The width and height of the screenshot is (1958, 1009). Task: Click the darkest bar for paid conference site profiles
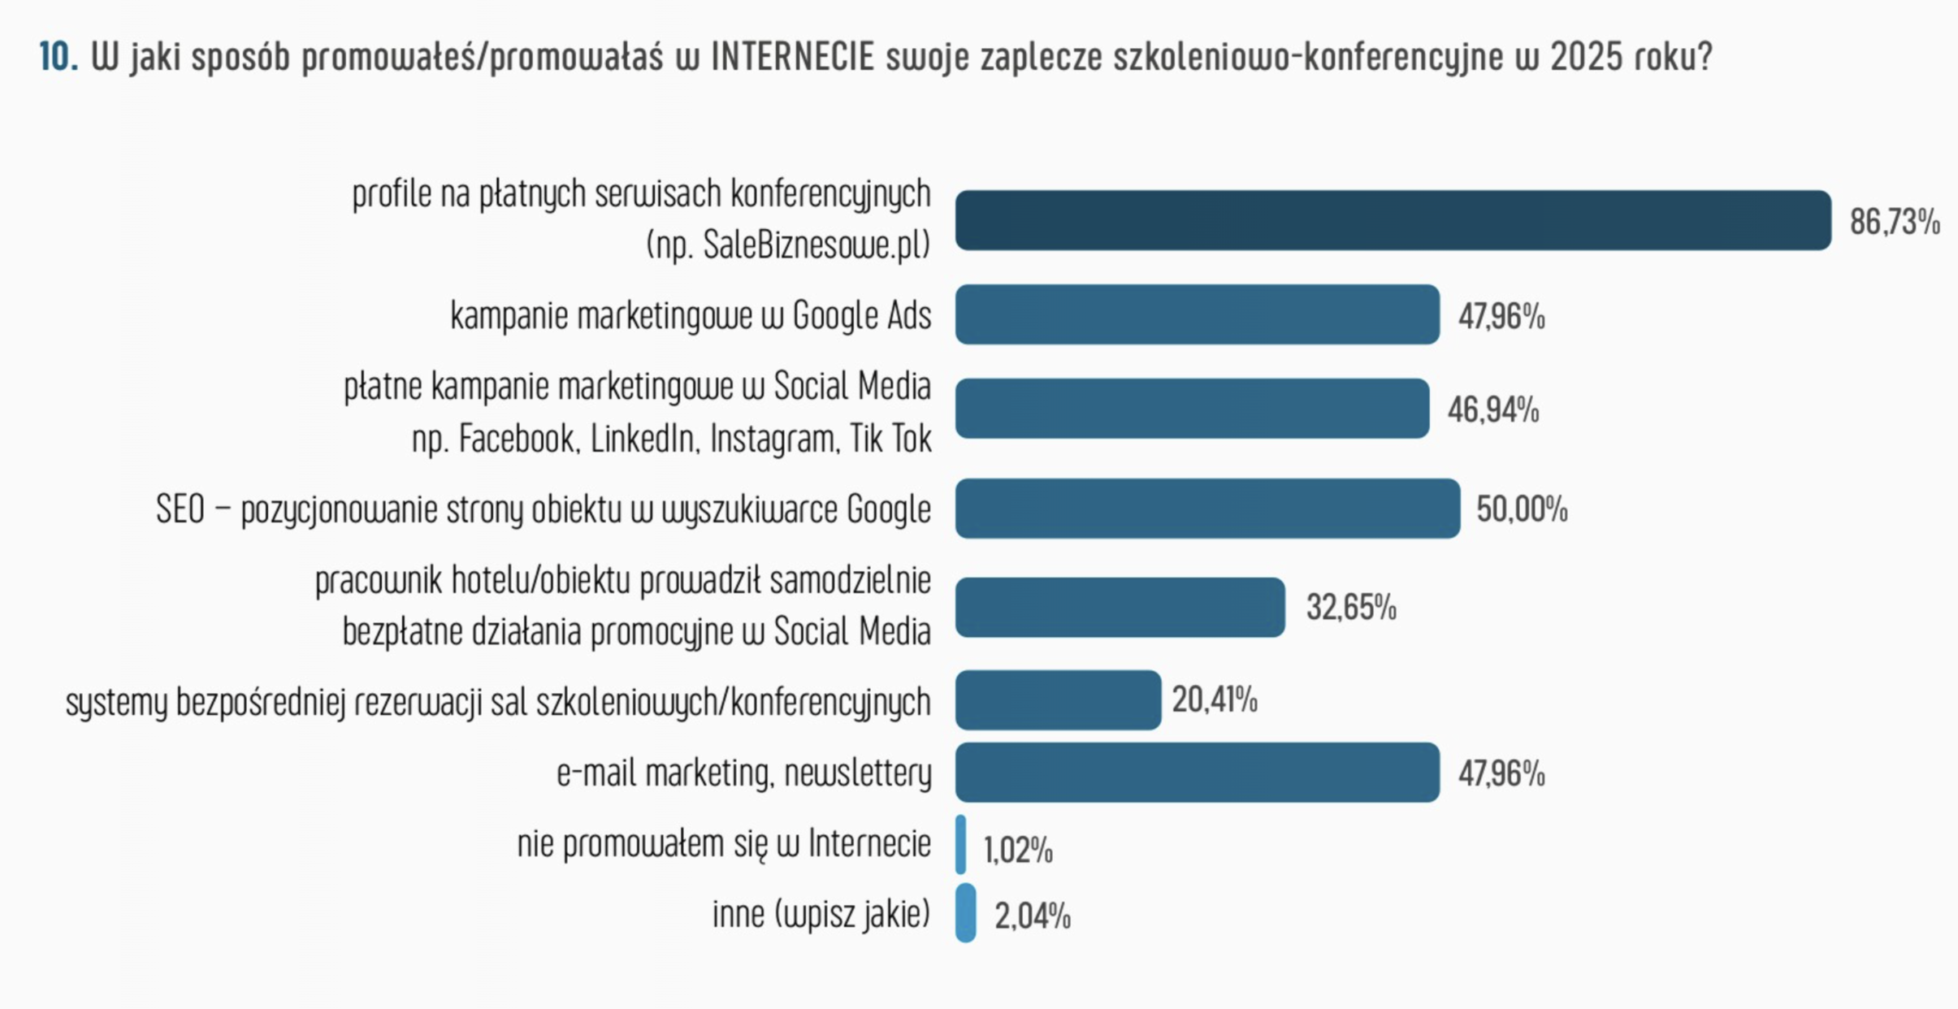(1393, 220)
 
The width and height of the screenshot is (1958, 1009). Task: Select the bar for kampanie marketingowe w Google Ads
(1197, 314)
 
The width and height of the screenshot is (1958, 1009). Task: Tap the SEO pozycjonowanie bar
(1207, 509)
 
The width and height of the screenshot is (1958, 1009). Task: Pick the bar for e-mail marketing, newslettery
(1197, 772)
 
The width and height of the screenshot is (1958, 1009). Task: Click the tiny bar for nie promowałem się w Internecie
(961, 845)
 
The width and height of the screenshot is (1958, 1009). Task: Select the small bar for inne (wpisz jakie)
(966, 913)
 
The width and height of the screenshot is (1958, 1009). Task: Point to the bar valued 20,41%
(1058, 699)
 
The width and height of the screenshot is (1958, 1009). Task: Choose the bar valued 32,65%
(1120, 607)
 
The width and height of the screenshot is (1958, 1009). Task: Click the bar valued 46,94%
(1192, 409)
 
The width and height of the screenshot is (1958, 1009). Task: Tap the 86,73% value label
(1895, 222)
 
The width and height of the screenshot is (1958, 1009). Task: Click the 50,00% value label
(1521, 509)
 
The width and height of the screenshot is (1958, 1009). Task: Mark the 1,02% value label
(1017, 851)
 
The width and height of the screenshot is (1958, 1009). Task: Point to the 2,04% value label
(1032, 916)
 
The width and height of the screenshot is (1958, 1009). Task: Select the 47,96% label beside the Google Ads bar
(1501, 316)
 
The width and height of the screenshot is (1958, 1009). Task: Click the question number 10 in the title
(58, 57)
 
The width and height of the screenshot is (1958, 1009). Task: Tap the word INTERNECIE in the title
(792, 57)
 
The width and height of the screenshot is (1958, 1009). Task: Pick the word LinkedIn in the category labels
(643, 439)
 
